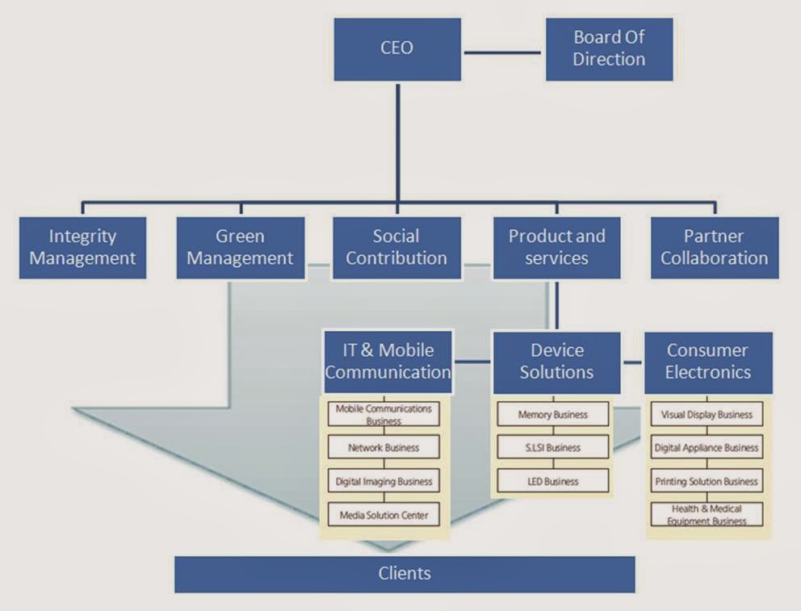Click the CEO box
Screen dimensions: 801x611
397,49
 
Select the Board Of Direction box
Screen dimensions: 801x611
609,49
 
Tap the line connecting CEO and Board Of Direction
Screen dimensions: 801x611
502,52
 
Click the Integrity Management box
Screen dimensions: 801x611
82,248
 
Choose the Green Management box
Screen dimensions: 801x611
241,248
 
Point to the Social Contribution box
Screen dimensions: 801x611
397,248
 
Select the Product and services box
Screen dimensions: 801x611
557,248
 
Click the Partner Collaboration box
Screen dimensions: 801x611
715,248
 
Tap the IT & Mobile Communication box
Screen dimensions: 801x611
388,362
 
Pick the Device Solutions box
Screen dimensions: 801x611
557,363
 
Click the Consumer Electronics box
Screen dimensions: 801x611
708,363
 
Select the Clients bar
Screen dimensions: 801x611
405,574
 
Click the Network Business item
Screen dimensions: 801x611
384,447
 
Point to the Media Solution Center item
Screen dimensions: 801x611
384,515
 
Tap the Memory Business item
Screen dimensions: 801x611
553,414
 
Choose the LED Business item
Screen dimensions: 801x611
553,481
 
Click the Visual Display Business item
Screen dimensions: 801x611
707,414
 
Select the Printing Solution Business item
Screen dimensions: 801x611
707,481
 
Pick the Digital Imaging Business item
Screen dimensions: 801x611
384,481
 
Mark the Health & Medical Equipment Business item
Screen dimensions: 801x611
707,514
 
